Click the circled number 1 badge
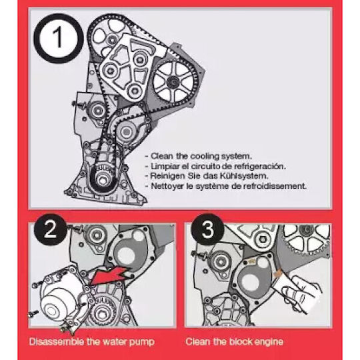tap(59, 38)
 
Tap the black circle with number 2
tap(50, 229)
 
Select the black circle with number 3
tap(207, 229)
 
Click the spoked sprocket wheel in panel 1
tap(173, 82)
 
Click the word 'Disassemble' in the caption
tap(57, 342)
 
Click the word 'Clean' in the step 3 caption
tap(198, 341)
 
